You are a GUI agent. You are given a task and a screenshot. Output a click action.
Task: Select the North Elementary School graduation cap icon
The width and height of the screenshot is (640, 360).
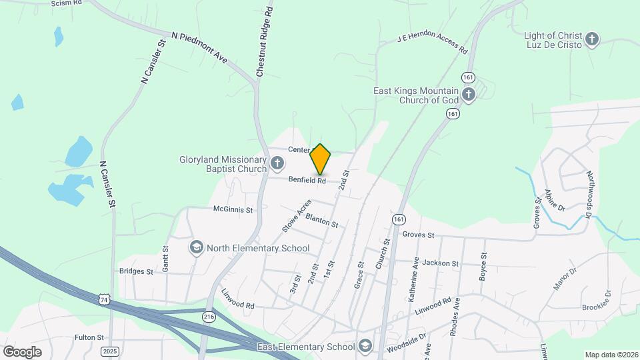(x=196, y=248)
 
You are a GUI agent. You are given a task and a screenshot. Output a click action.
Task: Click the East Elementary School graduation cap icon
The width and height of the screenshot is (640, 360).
(x=365, y=346)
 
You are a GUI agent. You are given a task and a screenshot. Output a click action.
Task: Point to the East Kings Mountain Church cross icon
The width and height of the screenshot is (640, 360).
(x=469, y=94)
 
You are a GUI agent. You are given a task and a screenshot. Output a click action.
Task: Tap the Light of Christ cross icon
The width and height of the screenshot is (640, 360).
(x=591, y=39)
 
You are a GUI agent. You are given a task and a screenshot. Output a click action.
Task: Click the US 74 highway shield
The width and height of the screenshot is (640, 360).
(x=103, y=301)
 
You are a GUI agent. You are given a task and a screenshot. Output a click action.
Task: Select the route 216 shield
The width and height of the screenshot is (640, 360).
(x=209, y=318)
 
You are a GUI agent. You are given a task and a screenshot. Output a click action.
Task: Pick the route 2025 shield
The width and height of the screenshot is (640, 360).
(x=111, y=351)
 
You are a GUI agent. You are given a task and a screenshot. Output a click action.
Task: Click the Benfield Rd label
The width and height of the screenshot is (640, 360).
(x=307, y=180)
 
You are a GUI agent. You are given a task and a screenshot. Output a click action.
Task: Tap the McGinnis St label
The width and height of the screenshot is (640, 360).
(x=233, y=209)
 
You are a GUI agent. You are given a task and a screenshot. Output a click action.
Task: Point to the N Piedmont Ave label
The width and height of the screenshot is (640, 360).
(x=199, y=47)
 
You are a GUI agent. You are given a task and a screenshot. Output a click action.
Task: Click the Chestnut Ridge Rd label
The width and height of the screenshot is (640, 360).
(x=263, y=41)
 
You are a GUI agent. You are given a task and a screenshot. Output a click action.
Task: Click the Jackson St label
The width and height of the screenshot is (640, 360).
(x=441, y=263)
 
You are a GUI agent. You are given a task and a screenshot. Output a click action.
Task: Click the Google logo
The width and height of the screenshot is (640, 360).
(x=22, y=352)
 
